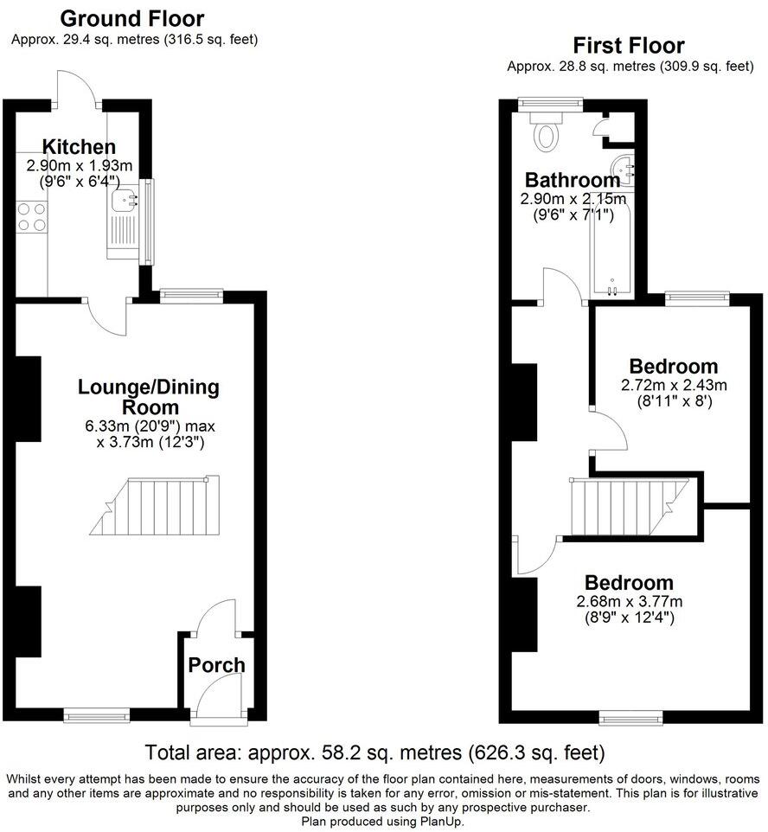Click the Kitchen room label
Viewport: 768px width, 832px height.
point(80,146)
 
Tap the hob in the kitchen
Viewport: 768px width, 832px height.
point(30,216)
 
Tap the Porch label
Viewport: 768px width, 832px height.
point(217,665)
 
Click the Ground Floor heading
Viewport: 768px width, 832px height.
point(133,18)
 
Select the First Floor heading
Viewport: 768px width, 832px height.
point(629,46)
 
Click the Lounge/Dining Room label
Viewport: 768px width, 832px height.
point(137,397)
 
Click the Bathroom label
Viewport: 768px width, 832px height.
point(573,181)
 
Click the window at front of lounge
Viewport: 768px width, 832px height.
point(96,714)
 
